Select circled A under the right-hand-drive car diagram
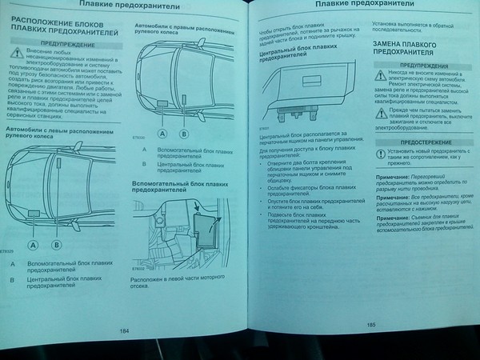click(162, 134)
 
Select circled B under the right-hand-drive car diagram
click(183, 134)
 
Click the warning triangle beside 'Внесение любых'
click(17, 54)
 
